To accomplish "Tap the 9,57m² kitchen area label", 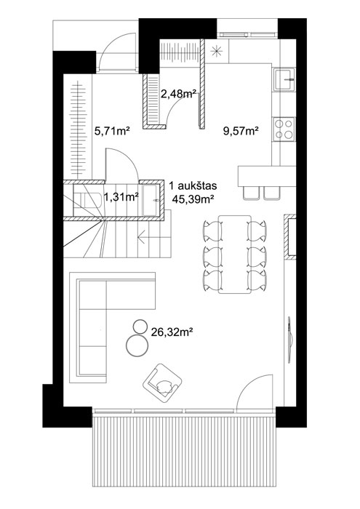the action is (x=241, y=131).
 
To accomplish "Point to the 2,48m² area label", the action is (x=179, y=94).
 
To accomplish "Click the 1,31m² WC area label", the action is (x=121, y=197).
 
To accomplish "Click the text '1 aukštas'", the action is (x=193, y=186).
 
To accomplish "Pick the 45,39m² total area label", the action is (x=193, y=199).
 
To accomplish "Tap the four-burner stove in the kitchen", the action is (x=284, y=129).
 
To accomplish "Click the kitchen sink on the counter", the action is (x=284, y=79).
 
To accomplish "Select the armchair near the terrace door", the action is (x=162, y=382).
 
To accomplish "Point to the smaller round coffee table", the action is (x=140, y=326).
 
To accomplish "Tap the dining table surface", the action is (x=235, y=254).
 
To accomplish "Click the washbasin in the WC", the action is (x=151, y=201).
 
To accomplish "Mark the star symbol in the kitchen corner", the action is (x=216, y=51).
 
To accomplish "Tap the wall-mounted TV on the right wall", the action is (x=290, y=340).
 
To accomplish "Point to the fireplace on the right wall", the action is (x=290, y=236).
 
